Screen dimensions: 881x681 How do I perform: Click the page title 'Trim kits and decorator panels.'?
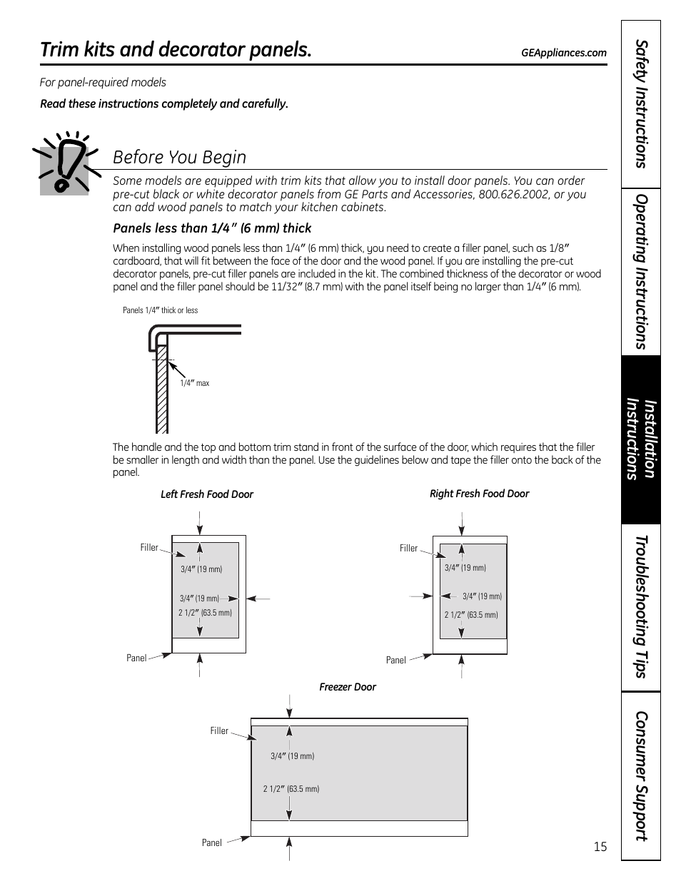(176, 50)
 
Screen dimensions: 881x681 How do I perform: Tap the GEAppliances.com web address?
(563, 53)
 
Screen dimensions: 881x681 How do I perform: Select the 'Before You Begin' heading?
(179, 157)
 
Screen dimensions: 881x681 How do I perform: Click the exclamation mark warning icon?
(64, 163)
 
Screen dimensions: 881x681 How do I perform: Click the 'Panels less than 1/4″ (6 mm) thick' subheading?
(212, 228)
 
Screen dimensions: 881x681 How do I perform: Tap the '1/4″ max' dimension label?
(194, 383)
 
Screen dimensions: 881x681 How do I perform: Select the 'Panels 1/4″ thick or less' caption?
(160, 310)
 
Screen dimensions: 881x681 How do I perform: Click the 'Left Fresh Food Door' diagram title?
(206, 494)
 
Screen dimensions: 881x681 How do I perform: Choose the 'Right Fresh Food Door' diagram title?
(479, 494)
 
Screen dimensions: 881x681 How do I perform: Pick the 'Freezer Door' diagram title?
(347, 687)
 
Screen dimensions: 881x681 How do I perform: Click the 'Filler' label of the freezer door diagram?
(219, 730)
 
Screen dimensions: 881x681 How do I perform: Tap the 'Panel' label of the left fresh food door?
(136, 658)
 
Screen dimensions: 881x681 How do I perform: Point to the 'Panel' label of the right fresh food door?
(395, 660)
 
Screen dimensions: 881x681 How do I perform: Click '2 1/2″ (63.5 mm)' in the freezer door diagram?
(291, 789)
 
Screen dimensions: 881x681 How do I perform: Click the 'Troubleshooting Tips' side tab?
(640, 607)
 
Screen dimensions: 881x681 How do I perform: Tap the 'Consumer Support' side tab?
(640, 775)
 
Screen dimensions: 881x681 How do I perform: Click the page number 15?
(600, 847)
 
